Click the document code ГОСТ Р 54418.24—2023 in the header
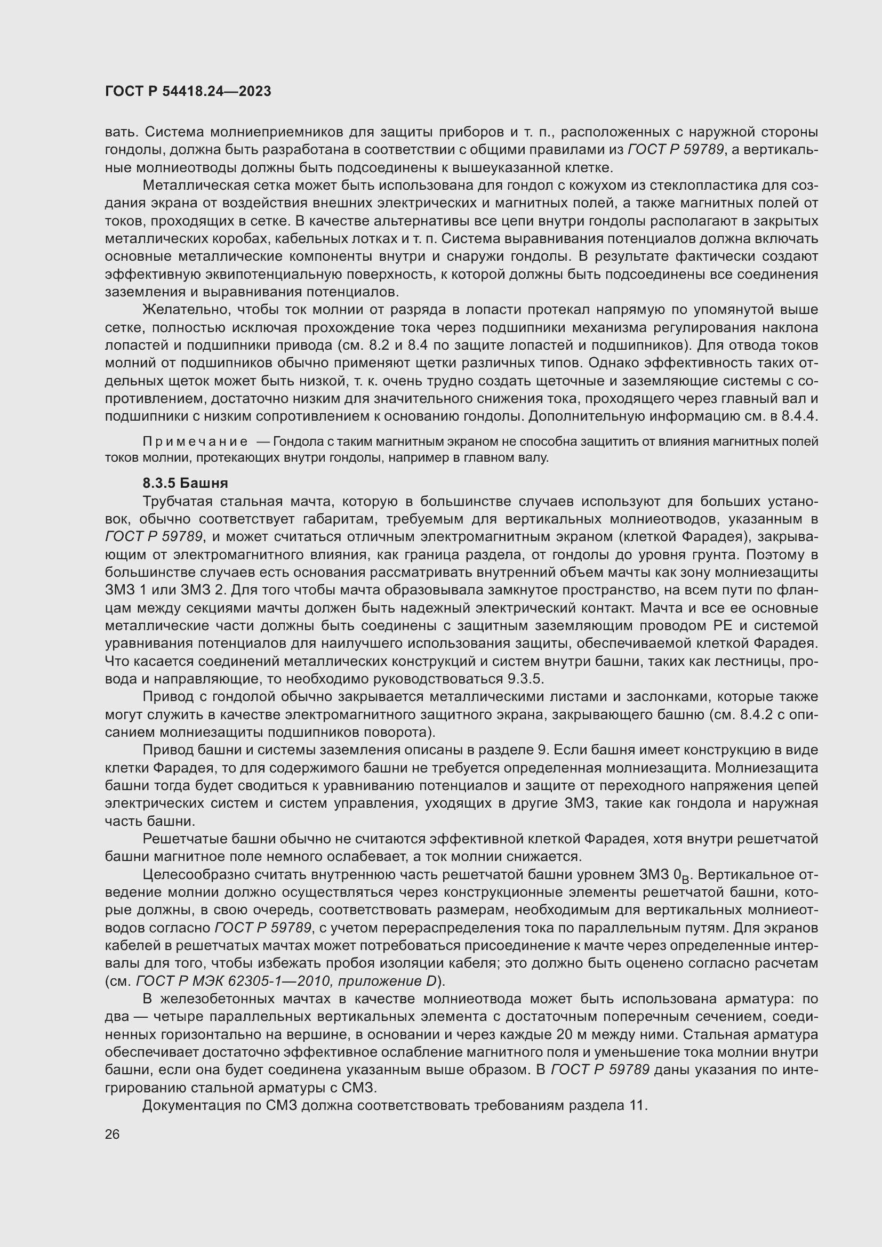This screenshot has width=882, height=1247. (x=188, y=91)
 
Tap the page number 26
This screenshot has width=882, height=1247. (x=113, y=1134)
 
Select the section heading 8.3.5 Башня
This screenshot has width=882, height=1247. (x=185, y=483)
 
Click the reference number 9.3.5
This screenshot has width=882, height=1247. (x=525, y=679)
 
